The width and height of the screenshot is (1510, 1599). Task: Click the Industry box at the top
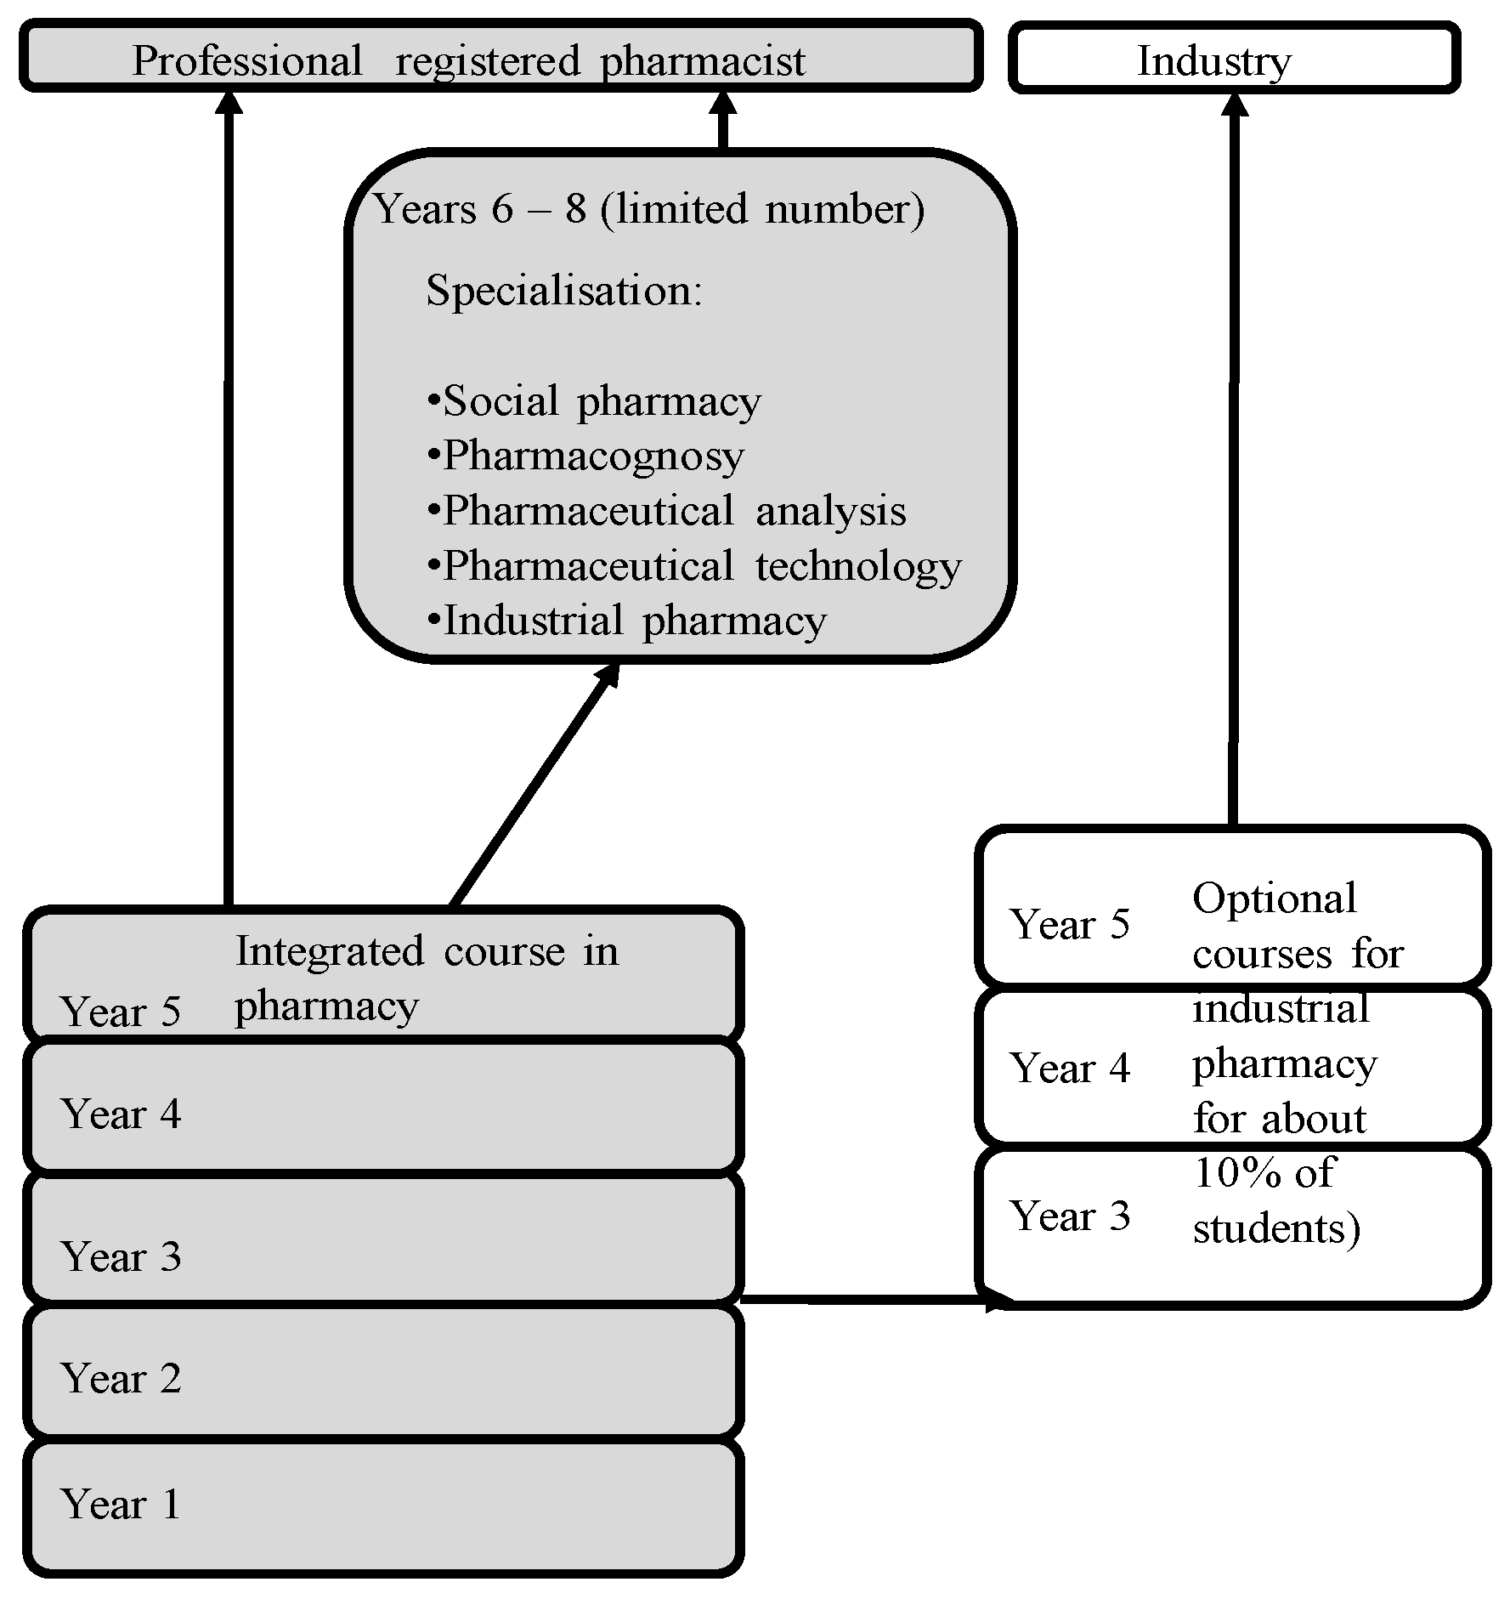click(x=1234, y=58)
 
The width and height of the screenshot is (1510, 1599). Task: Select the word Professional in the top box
click(x=246, y=61)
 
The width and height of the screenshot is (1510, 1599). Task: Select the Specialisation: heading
click(x=564, y=291)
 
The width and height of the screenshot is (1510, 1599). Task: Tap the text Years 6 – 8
click(x=480, y=209)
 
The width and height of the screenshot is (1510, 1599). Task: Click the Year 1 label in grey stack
click(x=121, y=1504)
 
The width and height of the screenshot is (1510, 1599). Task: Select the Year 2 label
click(x=121, y=1378)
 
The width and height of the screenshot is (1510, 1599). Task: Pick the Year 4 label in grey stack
click(x=121, y=1114)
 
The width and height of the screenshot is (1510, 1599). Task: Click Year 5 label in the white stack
click(x=1069, y=924)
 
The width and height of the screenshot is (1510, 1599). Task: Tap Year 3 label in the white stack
click(x=1069, y=1216)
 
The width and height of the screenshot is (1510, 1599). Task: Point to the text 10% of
click(x=1264, y=1173)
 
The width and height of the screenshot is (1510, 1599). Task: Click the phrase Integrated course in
click(x=427, y=950)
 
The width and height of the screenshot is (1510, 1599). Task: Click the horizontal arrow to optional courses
click(x=867, y=1299)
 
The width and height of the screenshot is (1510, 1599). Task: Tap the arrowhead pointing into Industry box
click(x=1234, y=104)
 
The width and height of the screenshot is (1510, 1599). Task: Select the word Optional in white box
click(x=1274, y=899)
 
